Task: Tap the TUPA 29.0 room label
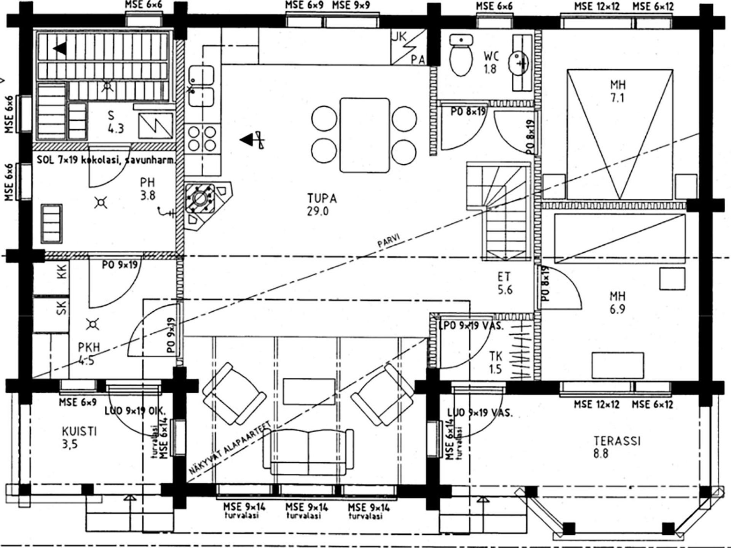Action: (x=322, y=204)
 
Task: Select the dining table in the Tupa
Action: (x=365, y=135)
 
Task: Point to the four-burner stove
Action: (x=202, y=139)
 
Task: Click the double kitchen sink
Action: (x=201, y=86)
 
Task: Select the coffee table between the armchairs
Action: (x=309, y=391)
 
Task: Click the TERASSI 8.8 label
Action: (x=617, y=447)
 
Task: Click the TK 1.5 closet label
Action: (x=496, y=362)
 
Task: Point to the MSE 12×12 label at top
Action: (x=597, y=6)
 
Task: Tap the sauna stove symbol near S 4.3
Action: (x=155, y=126)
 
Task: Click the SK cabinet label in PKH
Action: (x=62, y=307)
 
